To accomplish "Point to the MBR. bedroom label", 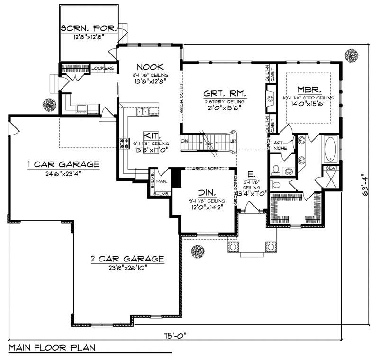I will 310,89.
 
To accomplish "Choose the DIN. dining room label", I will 207,193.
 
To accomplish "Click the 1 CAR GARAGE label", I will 63,164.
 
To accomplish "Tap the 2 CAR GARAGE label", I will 127,259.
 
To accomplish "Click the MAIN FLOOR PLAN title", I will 52,347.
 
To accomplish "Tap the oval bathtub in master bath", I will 330,149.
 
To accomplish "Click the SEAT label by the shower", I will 330,168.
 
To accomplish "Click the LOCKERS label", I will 102,68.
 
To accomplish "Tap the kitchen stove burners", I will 125,144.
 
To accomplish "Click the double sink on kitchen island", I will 142,112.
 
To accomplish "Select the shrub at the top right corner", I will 351,55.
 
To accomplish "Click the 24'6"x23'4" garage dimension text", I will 63,173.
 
